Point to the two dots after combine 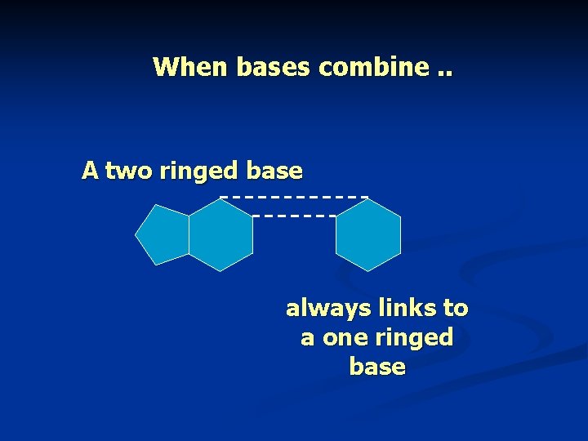444,70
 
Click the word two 129,171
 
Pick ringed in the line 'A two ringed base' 198,171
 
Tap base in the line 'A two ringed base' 274,171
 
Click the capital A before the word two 90,171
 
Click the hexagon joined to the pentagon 220,235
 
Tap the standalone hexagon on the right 368,235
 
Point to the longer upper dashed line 294,198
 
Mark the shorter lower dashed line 294,216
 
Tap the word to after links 455,309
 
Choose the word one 342,337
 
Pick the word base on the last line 376,367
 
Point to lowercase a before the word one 307,338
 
